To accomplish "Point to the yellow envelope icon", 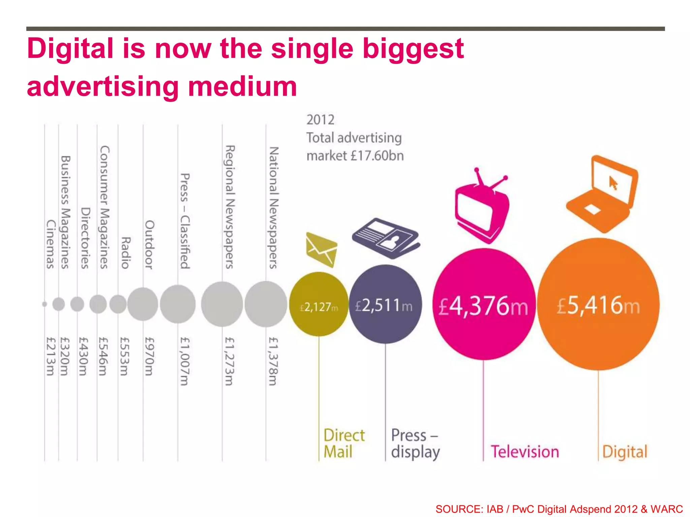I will pyautogui.click(x=321, y=249).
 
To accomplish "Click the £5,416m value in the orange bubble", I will pyautogui.click(x=598, y=306).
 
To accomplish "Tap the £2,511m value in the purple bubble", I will pyautogui.click(x=384, y=306).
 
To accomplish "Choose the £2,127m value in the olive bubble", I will pyautogui.click(x=319, y=307).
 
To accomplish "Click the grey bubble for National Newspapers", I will pyautogui.click(x=266, y=304).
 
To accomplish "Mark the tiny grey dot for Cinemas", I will pyautogui.click(x=44, y=304).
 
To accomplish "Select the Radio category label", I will pyautogui.click(x=125, y=253).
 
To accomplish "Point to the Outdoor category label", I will pyautogui.click(x=149, y=245).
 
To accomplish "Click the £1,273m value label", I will pyautogui.click(x=229, y=361).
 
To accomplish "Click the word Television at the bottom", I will pyautogui.click(x=525, y=452).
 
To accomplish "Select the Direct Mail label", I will pyautogui.click(x=344, y=443).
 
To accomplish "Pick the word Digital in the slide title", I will pyautogui.click(x=70, y=48).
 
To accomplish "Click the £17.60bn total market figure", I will pyautogui.click(x=377, y=156).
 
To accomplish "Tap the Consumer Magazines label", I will pyautogui.click(x=104, y=207).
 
